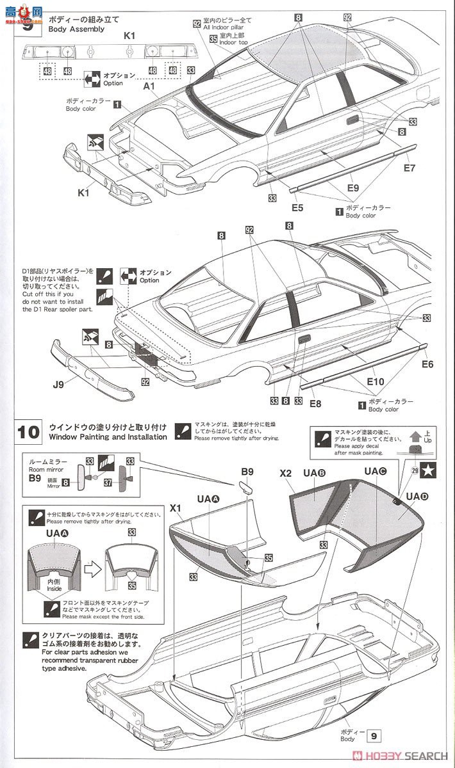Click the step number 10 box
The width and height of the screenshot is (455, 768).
tap(28, 432)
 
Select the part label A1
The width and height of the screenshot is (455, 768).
tap(149, 86)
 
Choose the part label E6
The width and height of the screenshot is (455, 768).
tap(427, 364)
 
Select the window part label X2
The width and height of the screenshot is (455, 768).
tap(286, 474)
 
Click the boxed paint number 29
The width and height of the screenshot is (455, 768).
tap(406, 471)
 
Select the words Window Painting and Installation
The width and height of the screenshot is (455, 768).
tap(105, 437)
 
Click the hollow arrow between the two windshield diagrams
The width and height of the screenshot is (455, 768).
tap(90, 564)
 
